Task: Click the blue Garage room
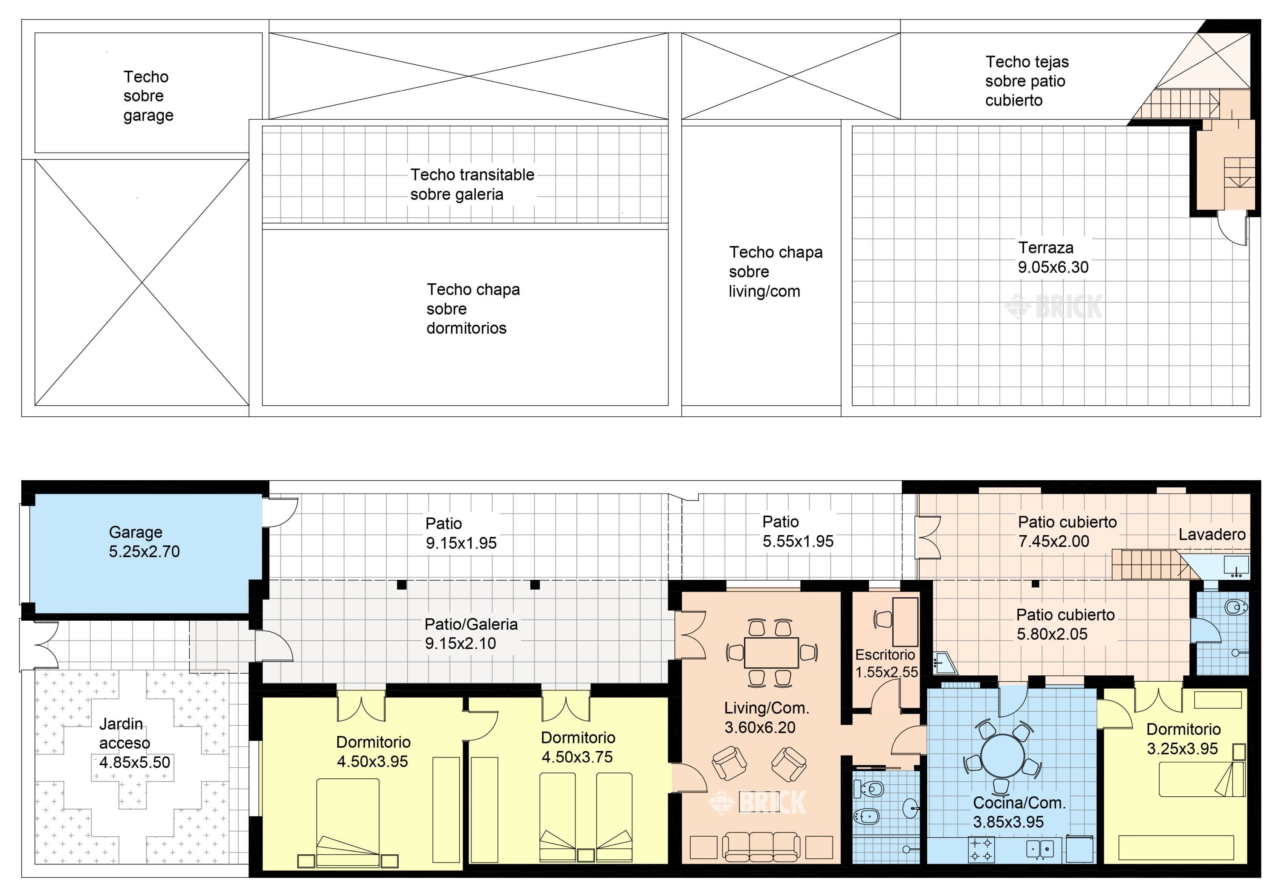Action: click(145, 553)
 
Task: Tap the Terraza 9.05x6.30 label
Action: click(1053, 257)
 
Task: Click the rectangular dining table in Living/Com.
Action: click(772, 653)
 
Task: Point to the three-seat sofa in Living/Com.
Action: click(761, 847)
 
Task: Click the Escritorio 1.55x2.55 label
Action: click(886, 663)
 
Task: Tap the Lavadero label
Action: click(1212, 535)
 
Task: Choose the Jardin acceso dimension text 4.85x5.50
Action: click(135, 762)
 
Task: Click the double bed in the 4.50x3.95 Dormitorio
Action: click(348, 822)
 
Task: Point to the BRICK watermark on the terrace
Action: click(1053, 306)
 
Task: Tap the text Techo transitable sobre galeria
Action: click(472, 184)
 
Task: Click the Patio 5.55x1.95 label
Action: click(798, 531)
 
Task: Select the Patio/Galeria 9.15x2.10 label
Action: click(471, 634)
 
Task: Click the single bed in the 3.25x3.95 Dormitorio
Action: click(1201, 780)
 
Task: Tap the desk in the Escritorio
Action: click(905, 622)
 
